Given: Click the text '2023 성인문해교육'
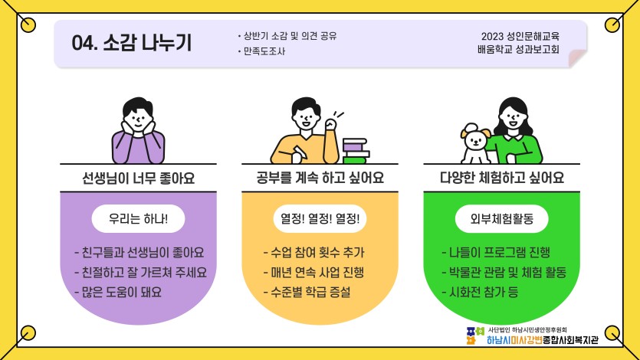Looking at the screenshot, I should [520, 36].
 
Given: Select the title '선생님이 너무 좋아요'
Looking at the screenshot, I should [138, 179].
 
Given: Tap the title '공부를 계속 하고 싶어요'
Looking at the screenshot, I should [320, 179].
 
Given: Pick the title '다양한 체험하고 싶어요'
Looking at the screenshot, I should [501, 179].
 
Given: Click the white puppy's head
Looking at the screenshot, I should [475, 139].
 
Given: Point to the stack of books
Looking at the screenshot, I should [355, 150].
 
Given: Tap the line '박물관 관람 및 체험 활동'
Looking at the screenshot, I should [504, 272].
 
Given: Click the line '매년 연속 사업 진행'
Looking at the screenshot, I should [313, 272].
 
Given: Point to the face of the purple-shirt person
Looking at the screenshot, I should [138, 116].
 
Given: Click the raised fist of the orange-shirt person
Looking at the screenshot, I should [332, 124].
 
